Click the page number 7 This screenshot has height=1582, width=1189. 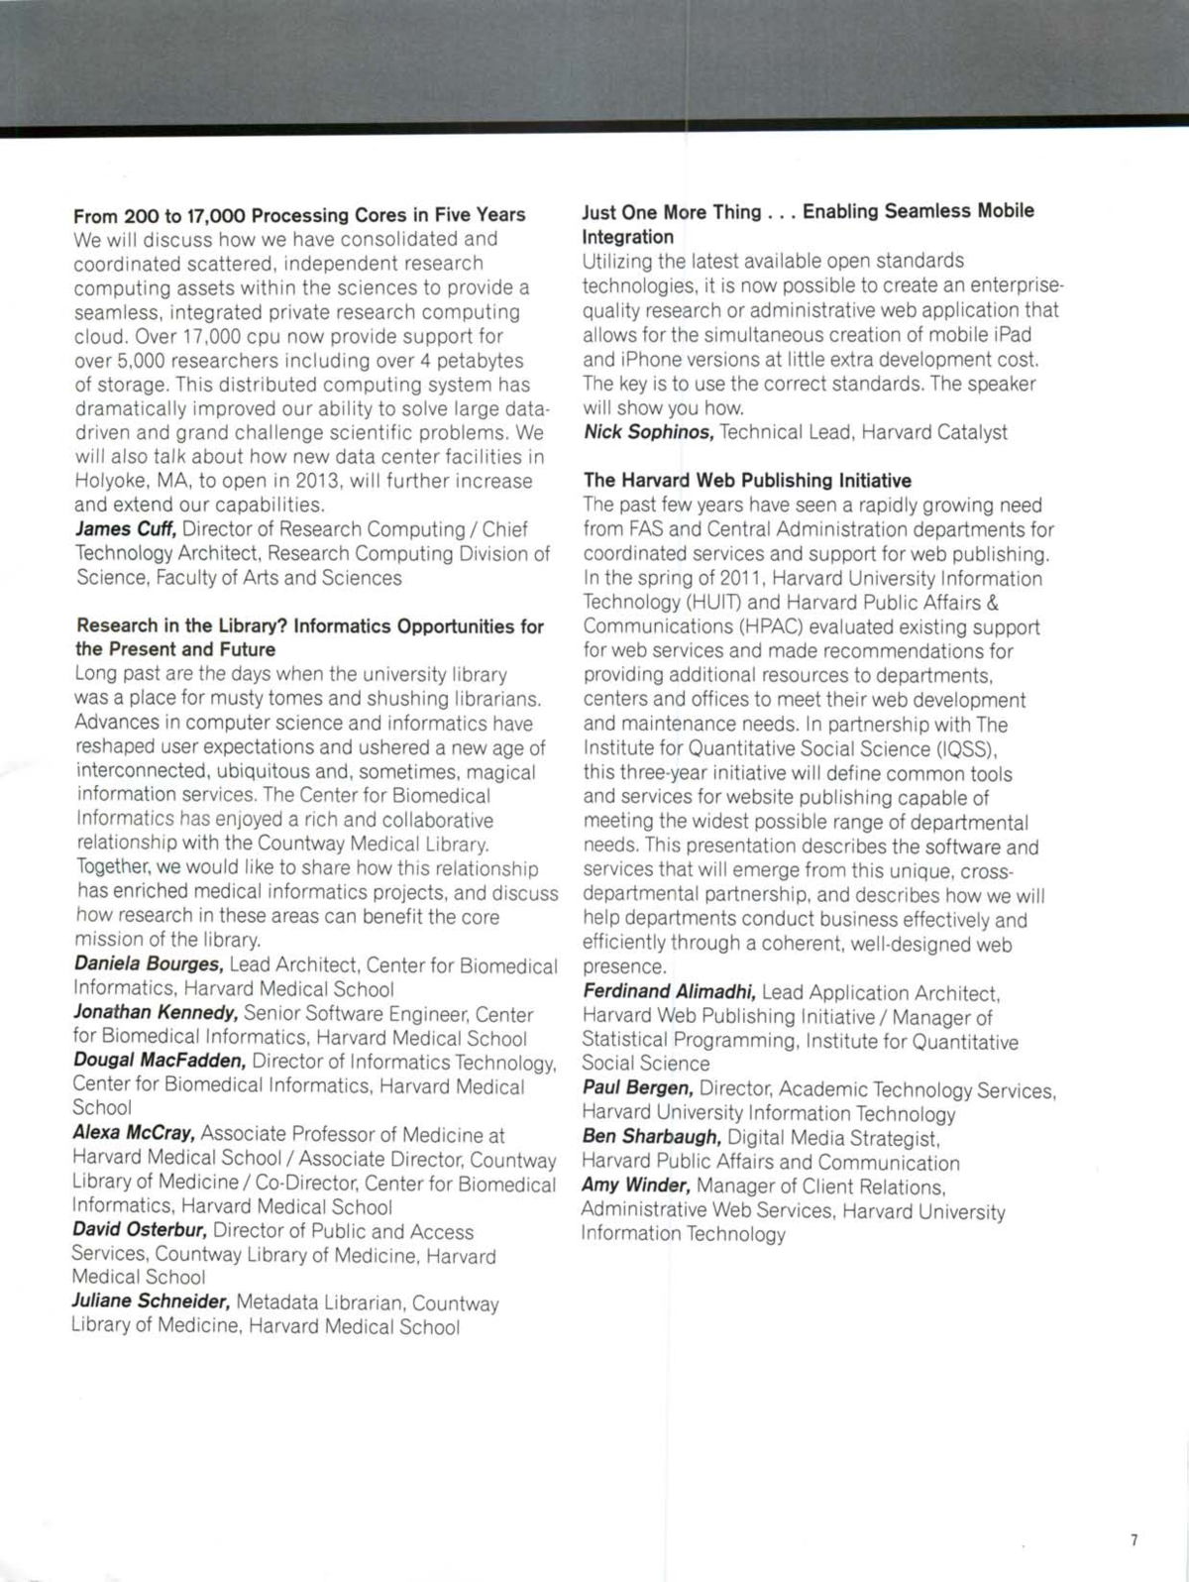pyautogui.click(x=1135, y=1539)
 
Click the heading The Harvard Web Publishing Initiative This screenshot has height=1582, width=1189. pyautogui.click(x=748, y=481)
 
